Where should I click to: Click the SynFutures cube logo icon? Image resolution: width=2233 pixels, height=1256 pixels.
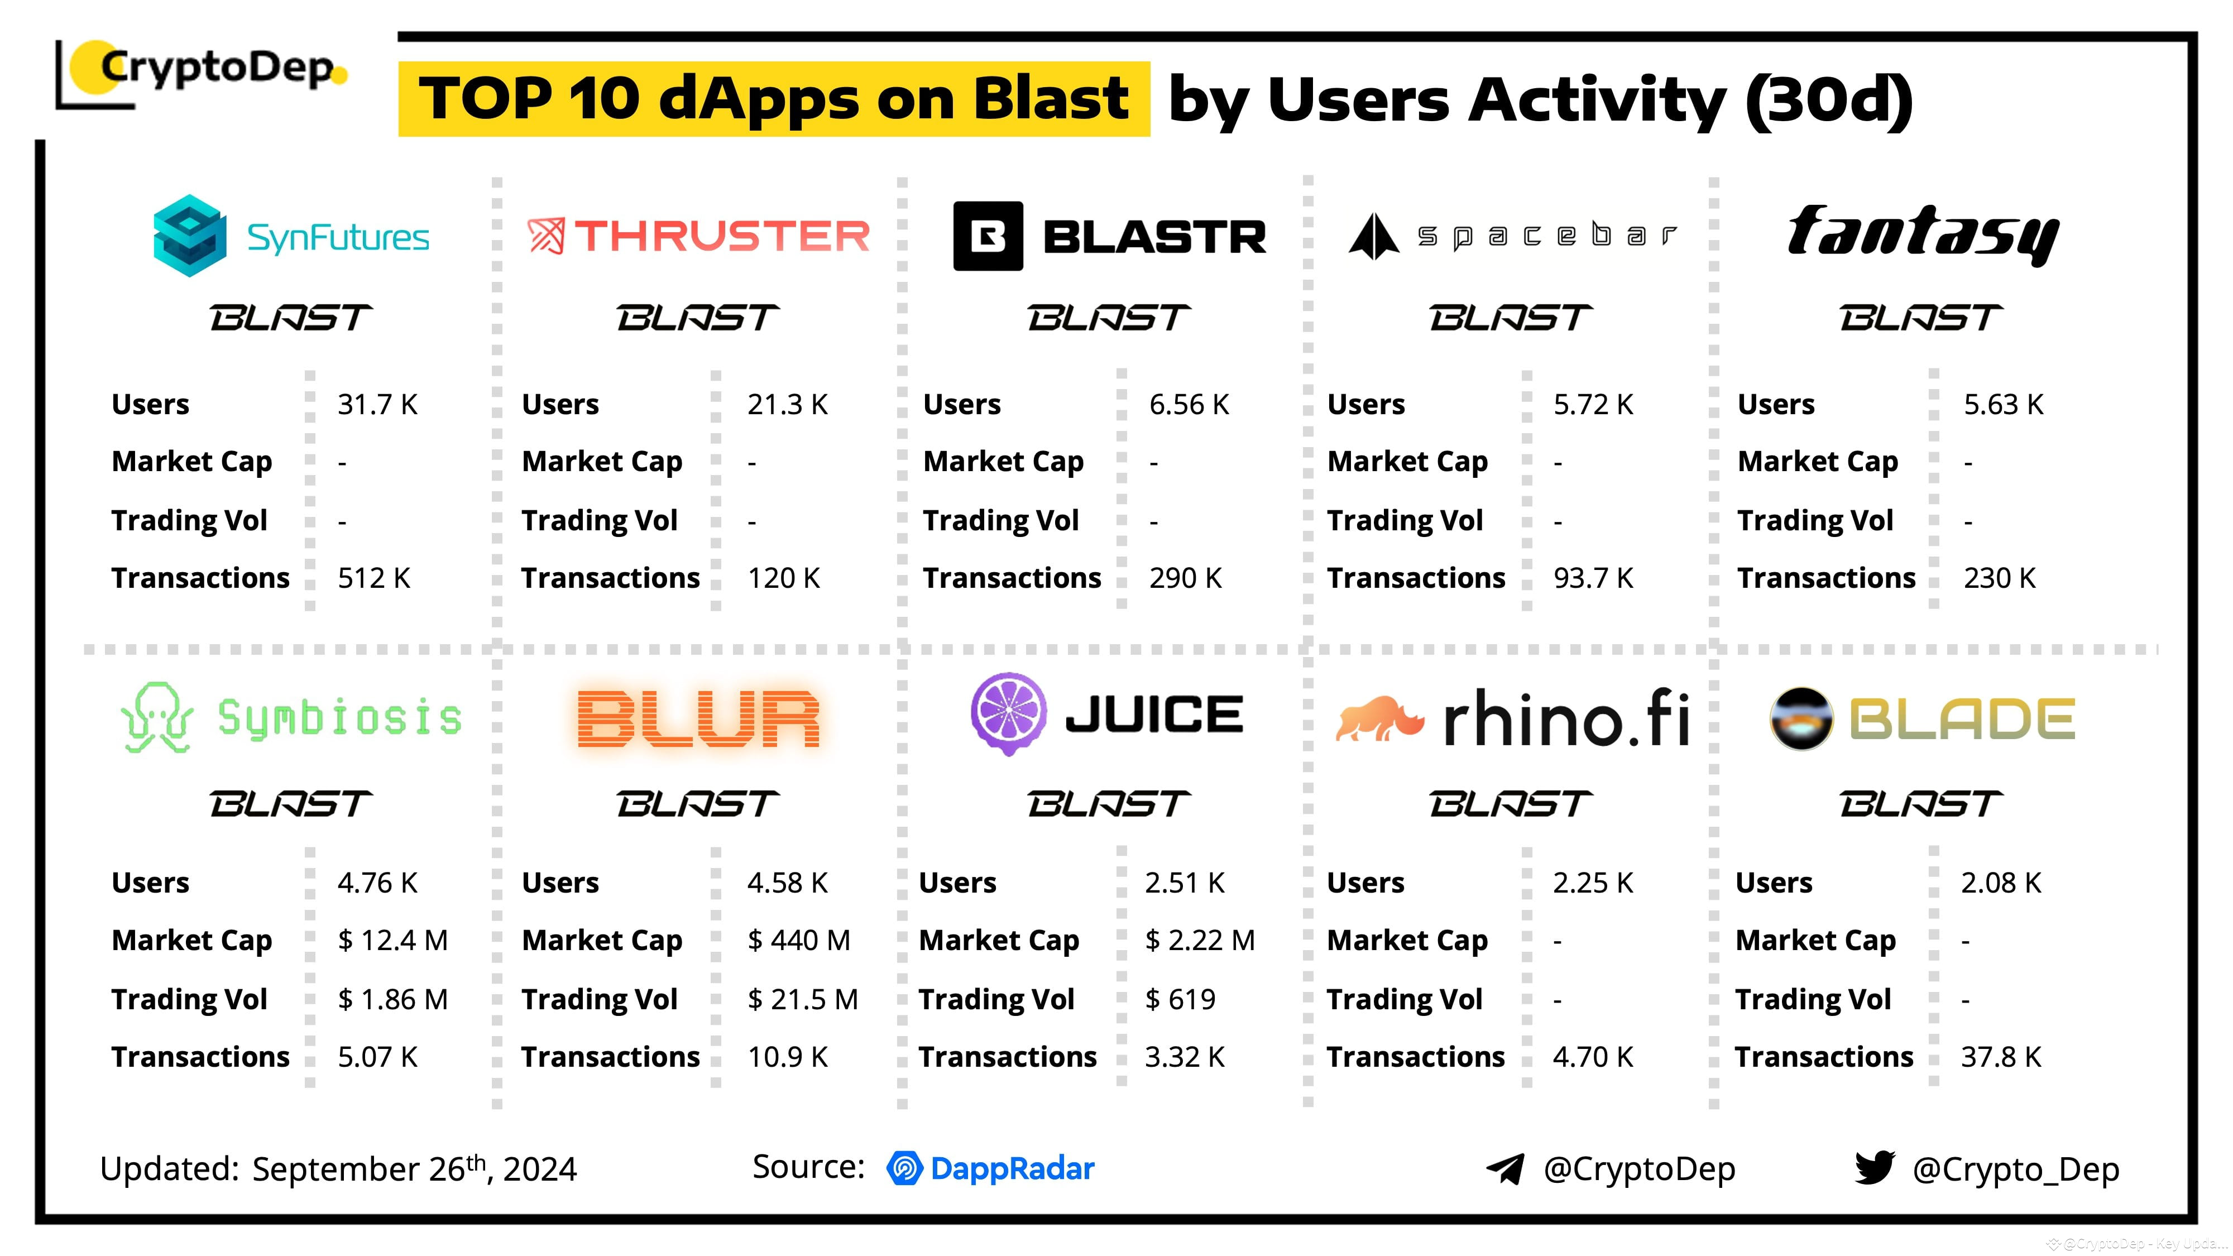tap(190, 235)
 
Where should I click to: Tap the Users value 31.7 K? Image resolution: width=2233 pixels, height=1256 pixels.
tap(377, 404)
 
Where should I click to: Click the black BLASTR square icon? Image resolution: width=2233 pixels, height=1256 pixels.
tap(988, 236)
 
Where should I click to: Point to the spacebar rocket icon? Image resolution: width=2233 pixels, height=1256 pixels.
tap(1373, 236)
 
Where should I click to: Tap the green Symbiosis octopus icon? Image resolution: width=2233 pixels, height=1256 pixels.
tap(157, 718)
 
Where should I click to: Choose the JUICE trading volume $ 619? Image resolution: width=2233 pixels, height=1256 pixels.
tap(1180, 999)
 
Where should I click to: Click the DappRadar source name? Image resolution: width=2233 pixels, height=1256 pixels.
tap(1011, 1168)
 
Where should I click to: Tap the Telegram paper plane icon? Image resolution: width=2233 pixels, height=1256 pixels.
tap(1505, 1168)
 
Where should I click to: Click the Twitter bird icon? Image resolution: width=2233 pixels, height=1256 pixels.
tap(1873, 1168)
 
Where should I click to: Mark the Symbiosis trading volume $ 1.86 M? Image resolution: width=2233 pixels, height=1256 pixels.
tap(392, 999)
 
